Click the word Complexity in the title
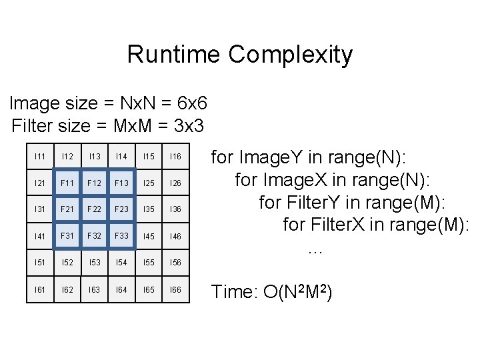(291, 55)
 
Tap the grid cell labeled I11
(39, 156)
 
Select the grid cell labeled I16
(175, 156)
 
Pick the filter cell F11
(67, 183)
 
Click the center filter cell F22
(94, 209)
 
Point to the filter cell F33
(121, 236)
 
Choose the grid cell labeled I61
(39, 289)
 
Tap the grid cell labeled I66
(175, 289)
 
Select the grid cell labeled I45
(148, 236)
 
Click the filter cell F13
(121, 183)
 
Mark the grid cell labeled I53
(94, 263)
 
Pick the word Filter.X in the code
(340, 225)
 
